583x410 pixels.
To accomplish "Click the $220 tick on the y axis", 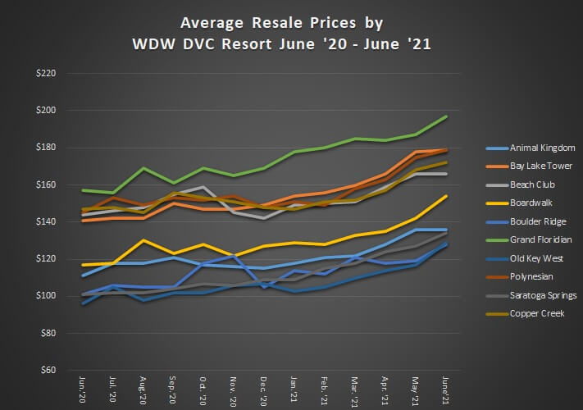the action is [x=46, y=73].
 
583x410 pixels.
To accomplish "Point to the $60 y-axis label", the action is [x=48, y=370].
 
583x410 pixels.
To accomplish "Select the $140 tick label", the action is [x=46, y=221].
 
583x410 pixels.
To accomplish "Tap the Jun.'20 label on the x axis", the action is [x=82, y=390].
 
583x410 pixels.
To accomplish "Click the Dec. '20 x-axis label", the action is [x=263, y=391].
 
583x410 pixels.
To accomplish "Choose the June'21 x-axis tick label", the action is [x=444, y=390].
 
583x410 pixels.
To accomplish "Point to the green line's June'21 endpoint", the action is [x=445, y=116].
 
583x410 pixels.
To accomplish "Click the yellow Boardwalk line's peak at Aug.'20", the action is [x=143, y=240].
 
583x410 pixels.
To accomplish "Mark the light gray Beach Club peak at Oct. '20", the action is [x=203, y=187].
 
